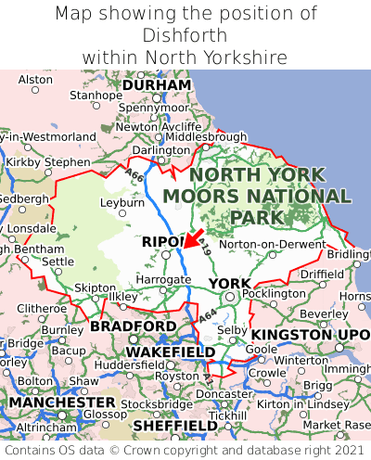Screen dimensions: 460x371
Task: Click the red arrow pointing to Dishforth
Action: [x=194, y=238]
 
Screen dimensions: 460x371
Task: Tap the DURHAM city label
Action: [x=156, y=85]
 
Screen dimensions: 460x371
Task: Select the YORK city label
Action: [x=228, y=283]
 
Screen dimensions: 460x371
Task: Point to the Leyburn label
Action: [x=122, y=201]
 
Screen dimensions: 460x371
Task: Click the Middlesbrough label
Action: [x=206, y=136]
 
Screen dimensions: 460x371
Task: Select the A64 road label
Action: [x=210, y=318]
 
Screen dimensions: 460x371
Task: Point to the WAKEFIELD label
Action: [x=170, y=352]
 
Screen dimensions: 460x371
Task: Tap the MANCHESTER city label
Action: [x=61, y=403]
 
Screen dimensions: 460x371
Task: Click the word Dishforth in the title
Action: [x=185, y=36]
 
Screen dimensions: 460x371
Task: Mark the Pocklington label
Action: [x=275, y=293]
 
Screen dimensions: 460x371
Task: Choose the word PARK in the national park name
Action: [x=256, y=217]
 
